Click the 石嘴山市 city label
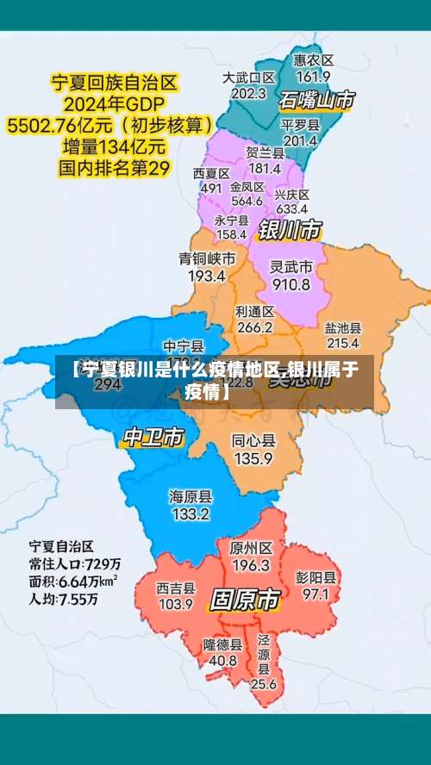(x=316, y=100)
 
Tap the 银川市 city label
(x=290, y=229)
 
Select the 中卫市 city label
(x=153, y=437)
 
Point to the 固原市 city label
(x=245, y=598)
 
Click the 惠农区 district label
(x=313, y=60)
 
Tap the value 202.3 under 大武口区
(x=248, y=93)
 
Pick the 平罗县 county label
(x=300, y=124)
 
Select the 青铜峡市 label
(x=207, y=258)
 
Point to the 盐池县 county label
(x=342, y=328)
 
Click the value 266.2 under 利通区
(x=254, y=327)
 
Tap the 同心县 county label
(x=253, y=441)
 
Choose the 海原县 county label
(x=191, y=497)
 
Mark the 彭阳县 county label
(x=315, y=577)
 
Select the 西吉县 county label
(x=176, y=588)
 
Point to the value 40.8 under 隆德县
(x=223, y=660)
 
